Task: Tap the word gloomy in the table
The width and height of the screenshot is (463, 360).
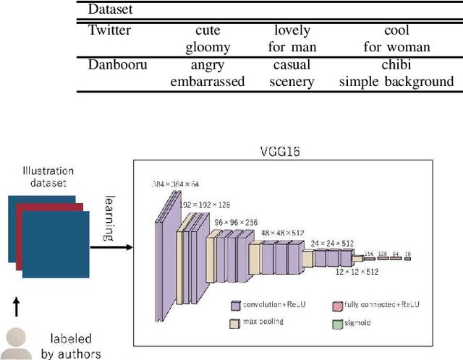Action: pyautogui.click(x=208, y=46)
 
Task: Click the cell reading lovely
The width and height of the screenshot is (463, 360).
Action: pyautogui.click(x=292, y=30)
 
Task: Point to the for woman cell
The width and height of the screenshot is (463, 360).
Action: pyautogui.click(x=397, y=46)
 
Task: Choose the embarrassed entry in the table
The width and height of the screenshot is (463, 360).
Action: pyautogui.click(x=208, y=82)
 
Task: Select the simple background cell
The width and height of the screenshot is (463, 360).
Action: pyautogui.click(x=397, y=82)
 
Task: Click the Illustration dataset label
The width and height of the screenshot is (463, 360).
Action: pyautogui.click(x=48, y=178)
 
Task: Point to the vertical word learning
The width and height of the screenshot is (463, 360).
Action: pyautogui.click(x=109, y=217)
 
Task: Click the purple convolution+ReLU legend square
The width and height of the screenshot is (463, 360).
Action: pyautogui.click(x=235, y=305)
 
